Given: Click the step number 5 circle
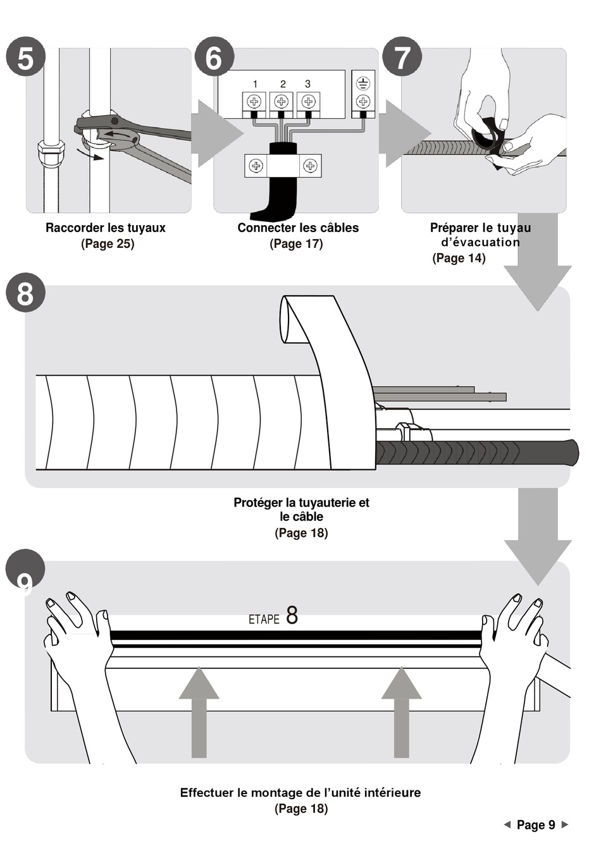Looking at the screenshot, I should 25,58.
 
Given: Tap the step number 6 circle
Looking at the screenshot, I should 214,58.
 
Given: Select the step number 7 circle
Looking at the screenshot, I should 402,58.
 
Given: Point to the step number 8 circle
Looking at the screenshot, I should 25,293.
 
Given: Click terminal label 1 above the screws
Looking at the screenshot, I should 255,84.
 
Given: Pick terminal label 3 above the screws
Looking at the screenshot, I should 307,84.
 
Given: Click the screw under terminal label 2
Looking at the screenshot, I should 282,101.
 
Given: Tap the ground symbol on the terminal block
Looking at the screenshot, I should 362,83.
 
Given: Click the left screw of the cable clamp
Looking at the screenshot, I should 256,166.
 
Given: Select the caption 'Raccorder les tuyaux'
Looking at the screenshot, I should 106,228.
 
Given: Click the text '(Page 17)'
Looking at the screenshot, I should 296,243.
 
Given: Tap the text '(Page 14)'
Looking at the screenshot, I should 459,258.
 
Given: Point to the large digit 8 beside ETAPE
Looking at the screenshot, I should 292,615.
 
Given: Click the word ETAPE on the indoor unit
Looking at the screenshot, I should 264,619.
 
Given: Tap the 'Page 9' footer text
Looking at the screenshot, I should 536,825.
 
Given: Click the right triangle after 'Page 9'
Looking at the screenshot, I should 565,825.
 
